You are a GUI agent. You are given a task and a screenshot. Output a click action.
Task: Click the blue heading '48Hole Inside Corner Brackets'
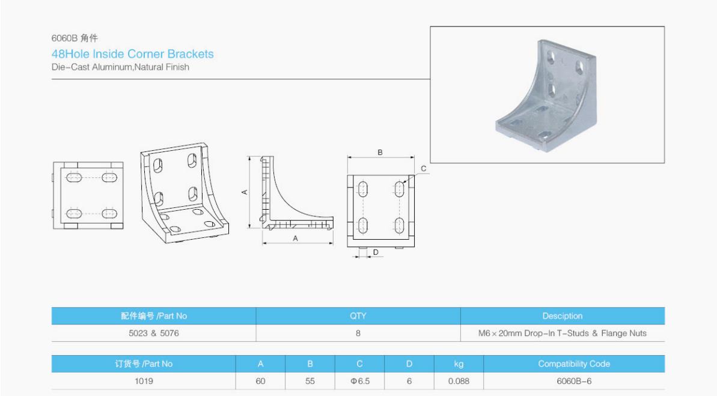coord(133,54)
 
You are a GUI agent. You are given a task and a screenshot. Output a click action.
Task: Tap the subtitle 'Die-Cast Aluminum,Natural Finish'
coord(120,67)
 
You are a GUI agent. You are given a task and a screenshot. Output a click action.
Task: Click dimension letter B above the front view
coord(380,153)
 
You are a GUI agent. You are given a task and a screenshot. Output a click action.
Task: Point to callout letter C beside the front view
coord(424,169)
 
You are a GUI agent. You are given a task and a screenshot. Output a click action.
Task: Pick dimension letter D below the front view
coord(376,252)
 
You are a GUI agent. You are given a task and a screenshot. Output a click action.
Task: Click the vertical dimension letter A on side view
coord(245,192)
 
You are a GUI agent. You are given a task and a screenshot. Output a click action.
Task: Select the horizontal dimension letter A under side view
coord(296,238)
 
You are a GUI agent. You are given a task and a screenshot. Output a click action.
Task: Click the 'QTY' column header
coord(358,316)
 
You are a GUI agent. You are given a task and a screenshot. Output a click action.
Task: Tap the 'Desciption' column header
coord(563,316)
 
